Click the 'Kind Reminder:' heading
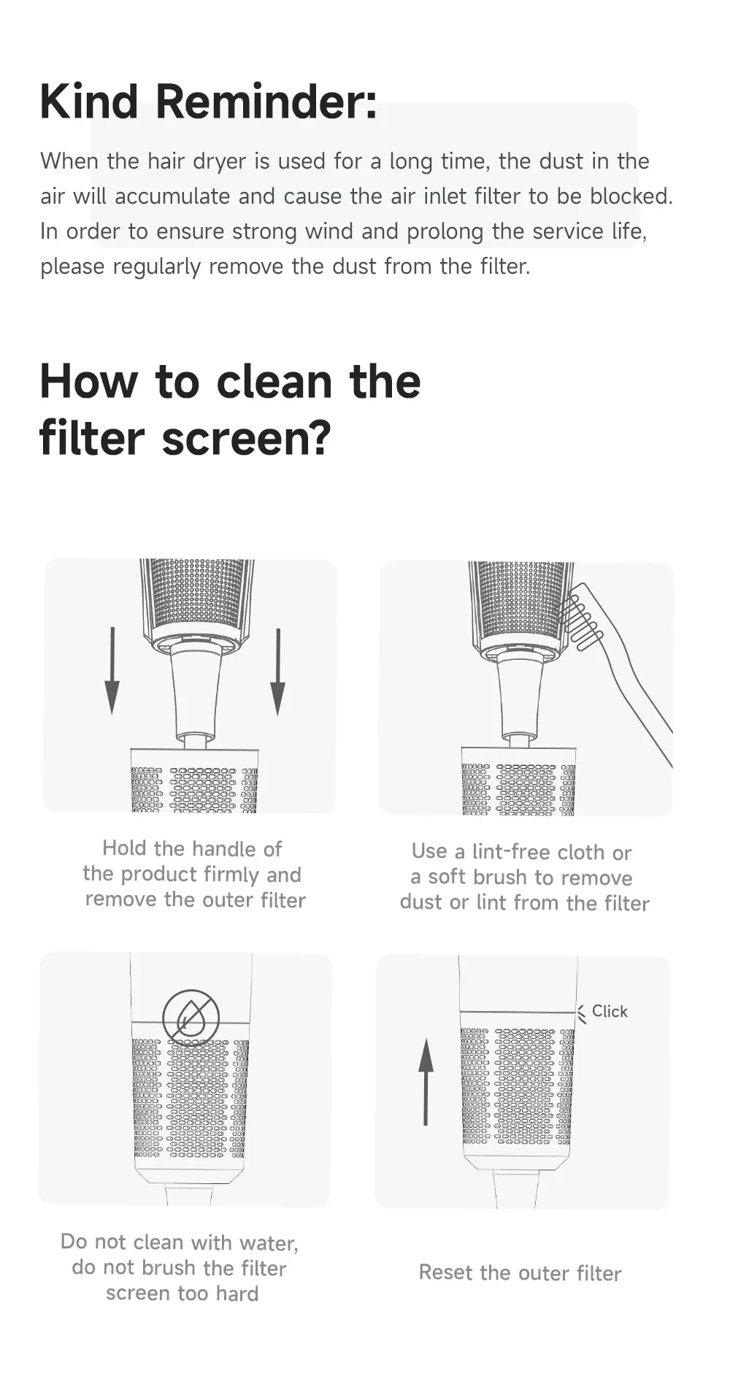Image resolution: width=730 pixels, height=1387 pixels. [x=209, y=101]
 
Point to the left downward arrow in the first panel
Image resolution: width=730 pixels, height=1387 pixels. [x=112, y=671]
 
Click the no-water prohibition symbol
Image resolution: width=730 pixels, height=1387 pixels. [x=191, y=1017]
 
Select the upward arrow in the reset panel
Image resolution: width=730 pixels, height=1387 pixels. [x=426, y=1082]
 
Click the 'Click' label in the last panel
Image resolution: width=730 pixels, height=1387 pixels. [x=610, y=1011]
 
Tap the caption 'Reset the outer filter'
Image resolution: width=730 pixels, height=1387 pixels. [x=520, y=1273]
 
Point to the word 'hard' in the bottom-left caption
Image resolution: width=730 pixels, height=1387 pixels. [x=237, y=1294]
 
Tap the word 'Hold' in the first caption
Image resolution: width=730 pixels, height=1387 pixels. [x=124, y=848]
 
